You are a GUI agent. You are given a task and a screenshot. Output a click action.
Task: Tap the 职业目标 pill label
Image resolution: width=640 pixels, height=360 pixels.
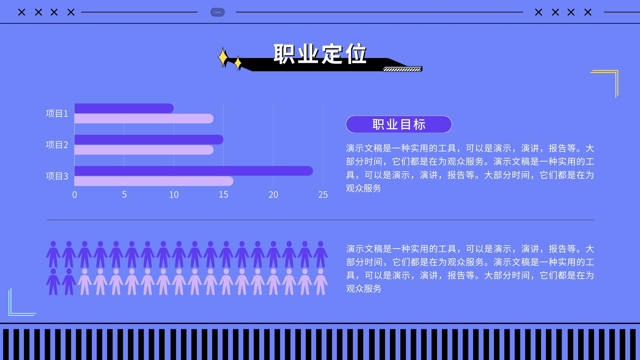[398, 124]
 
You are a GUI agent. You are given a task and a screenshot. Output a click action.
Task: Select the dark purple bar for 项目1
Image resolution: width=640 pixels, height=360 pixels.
[124, 108]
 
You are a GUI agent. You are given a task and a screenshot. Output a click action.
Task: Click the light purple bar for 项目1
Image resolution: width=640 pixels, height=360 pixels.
[144, 118]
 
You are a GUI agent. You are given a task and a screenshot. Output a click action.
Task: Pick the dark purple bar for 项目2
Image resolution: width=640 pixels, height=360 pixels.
[149, 140]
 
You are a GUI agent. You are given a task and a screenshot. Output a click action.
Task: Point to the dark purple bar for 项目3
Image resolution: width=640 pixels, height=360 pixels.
[194, 171]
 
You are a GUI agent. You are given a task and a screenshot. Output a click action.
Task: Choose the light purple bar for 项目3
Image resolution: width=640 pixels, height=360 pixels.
[154, 181]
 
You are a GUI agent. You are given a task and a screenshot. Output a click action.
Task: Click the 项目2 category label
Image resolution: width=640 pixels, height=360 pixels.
[57, 145]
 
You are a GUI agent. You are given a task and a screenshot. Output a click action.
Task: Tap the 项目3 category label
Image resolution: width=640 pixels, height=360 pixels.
[57, 176]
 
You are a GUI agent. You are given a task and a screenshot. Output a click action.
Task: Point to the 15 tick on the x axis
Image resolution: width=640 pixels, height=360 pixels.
[224, 194]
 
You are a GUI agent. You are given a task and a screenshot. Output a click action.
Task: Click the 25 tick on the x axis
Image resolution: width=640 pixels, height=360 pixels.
[323, 194]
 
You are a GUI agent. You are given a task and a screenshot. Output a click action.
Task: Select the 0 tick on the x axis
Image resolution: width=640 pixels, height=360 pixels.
[74, 194]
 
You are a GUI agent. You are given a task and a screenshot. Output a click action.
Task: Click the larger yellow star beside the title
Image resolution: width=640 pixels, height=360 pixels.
[223, 58]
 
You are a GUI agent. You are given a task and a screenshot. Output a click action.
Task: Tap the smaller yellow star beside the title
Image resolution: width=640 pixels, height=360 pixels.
[238, 63]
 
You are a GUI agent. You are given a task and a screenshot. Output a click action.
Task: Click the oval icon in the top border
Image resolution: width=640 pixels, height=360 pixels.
[218, 12]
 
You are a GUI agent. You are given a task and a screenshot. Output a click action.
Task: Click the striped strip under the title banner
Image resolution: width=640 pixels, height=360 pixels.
[402, 70]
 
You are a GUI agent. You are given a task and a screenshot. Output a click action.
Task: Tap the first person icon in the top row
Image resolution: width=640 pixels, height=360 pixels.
[53, 254]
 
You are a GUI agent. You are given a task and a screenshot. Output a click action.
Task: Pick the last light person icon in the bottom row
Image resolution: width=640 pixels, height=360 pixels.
[320, 282]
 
